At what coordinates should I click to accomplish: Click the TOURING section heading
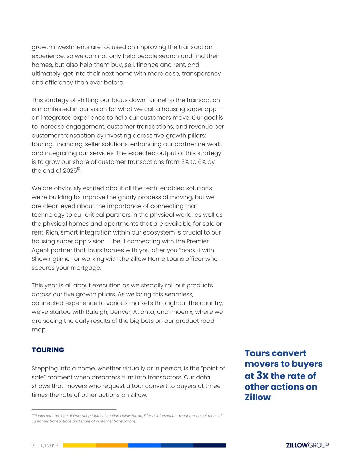(48, 350)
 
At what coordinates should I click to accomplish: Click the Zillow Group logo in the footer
(307, 445)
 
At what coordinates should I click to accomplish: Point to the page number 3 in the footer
(33, 446)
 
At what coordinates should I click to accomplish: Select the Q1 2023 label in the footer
(49, 446)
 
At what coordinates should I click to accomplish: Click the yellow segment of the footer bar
(79, 446)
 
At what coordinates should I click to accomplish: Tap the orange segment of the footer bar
(112, 446)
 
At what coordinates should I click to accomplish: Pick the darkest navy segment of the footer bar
(210, 446)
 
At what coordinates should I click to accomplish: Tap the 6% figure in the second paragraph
(200, 162)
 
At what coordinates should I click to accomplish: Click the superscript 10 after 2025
(78, 169)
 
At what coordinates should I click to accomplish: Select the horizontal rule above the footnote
(74, 409)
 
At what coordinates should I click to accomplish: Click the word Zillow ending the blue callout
(258, 397)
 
